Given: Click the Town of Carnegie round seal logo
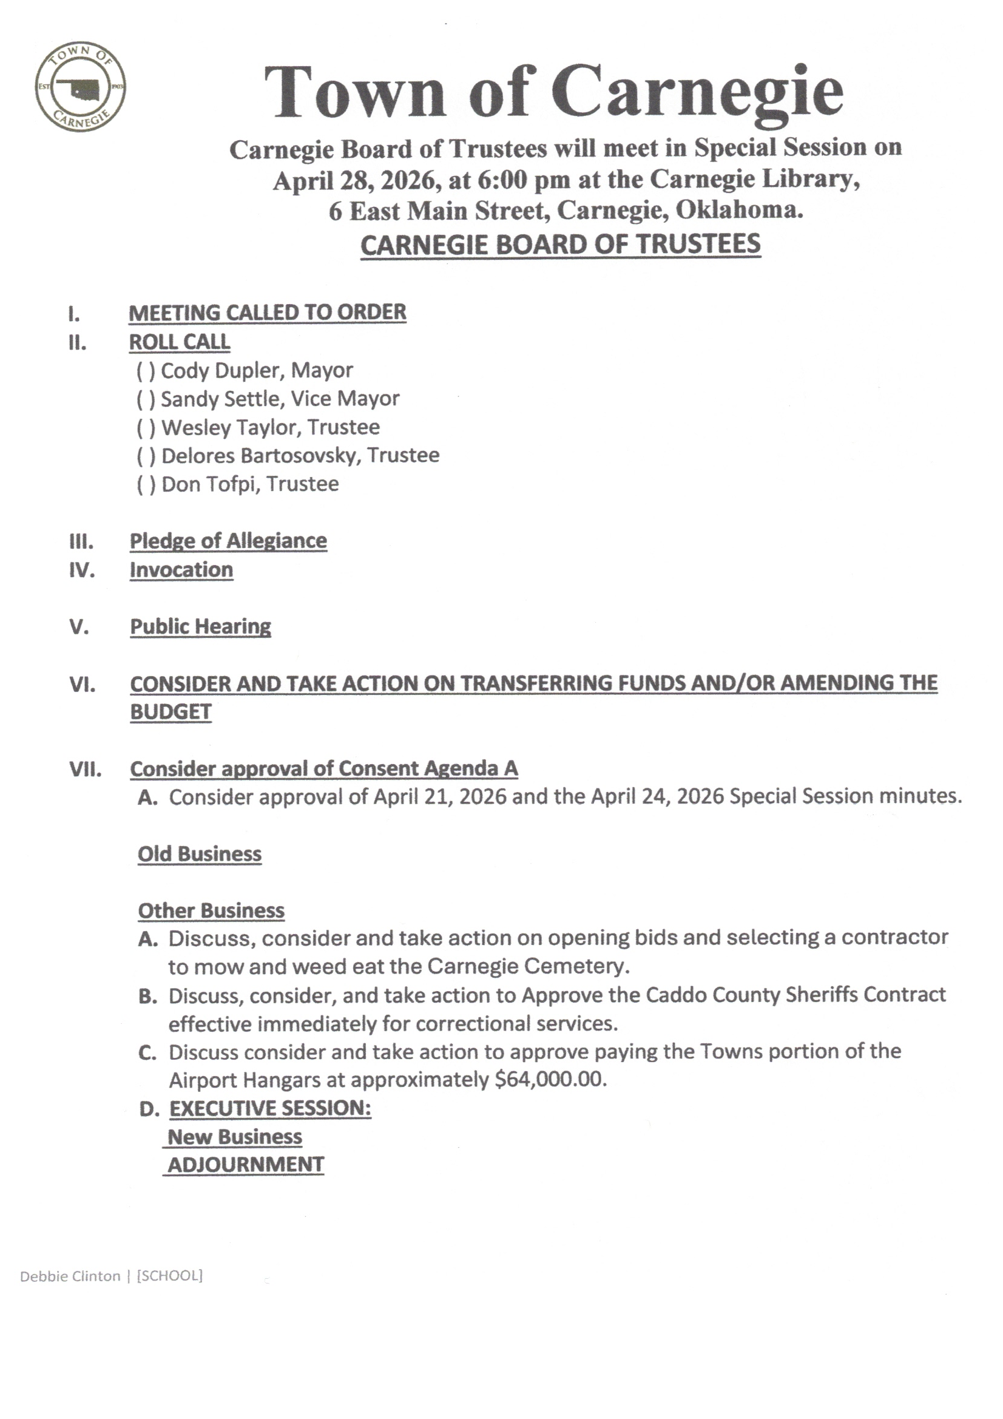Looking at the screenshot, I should (x=80, y=87).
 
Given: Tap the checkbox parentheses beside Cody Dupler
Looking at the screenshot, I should (x=146, y=371).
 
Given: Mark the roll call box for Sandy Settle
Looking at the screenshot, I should (x=146, y=399).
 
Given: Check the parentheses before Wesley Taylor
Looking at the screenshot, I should (x=146, y=428).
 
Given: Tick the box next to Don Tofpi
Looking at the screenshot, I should (x=146, y=484).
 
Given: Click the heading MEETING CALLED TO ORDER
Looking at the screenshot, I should (x=267, y=313).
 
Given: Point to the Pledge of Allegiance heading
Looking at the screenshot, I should (x=228, y=541).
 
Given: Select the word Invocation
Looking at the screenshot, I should (x=181, y=570).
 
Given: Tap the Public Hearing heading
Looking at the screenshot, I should (x=200, y=627).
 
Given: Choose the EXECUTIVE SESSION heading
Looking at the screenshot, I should (x=270, y=1108).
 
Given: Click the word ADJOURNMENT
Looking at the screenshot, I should (x=245, y=1165).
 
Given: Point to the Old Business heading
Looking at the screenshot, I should (x=200, y=854).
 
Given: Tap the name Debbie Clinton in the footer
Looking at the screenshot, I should (x=70, y=1276).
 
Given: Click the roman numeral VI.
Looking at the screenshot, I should (x=82, y=685).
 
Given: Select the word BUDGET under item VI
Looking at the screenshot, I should (x=171, y=712).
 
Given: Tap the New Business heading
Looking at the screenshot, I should (x=235, y=1137).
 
